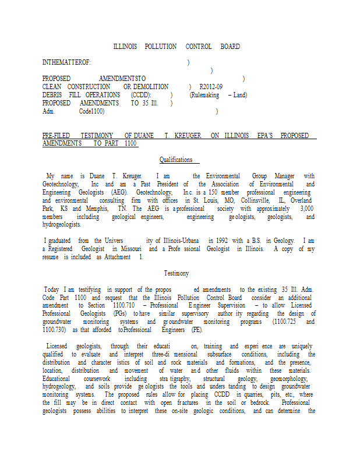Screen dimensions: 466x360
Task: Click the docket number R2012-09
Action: [x=211, y=87]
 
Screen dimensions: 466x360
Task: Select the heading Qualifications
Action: [x=176, y=160]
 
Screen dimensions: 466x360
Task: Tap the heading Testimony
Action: [x=176, y=273]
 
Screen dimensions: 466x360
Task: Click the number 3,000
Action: [x=306, y=209]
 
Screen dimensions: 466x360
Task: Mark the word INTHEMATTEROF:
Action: [x=66, y=62]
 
